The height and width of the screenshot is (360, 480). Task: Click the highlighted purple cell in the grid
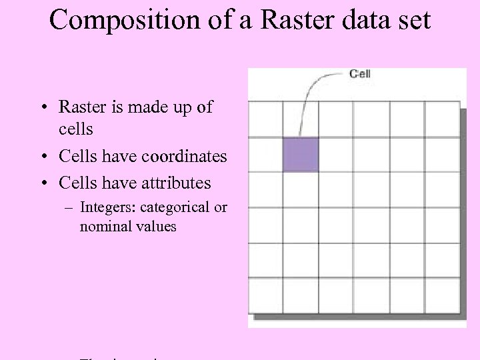pyautogui.click(x=301, y=155)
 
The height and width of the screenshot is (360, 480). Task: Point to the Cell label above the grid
pyautogui.click(x=360, y=73)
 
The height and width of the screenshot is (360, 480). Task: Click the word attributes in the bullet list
pyautogui.click(x=175, y=183)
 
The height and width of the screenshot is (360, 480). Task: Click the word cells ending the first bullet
pyautogui.click(x=75, y=127)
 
